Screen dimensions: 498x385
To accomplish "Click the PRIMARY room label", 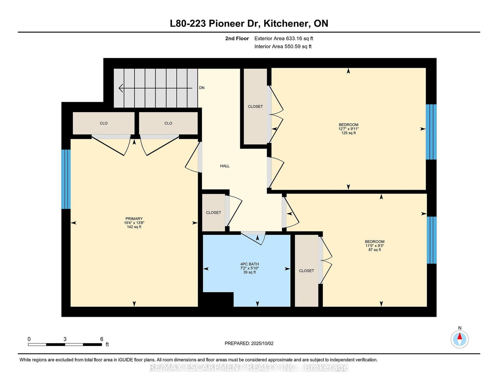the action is (134, 218).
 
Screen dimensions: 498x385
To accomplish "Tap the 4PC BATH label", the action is (249, 264).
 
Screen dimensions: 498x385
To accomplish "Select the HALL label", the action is (225, 166).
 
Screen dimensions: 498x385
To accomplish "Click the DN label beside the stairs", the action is (202, 87).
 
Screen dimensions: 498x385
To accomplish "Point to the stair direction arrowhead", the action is (121, 88).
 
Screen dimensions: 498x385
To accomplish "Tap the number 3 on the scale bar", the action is (65, 339).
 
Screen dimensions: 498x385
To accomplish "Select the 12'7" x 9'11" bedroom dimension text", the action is (348, 129).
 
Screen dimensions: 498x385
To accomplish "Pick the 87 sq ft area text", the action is (375, 250).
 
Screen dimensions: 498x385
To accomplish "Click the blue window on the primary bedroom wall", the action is (66, 179).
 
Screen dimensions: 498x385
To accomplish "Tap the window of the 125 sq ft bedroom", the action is (431, 132).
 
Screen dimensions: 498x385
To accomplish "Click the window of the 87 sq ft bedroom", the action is (431, 240).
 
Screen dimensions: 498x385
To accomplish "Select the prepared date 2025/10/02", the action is (262, 343).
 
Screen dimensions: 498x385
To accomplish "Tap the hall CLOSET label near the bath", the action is (214, 213).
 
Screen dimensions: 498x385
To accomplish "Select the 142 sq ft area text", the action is (134, 227).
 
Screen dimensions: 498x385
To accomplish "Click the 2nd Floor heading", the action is (237, 39).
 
